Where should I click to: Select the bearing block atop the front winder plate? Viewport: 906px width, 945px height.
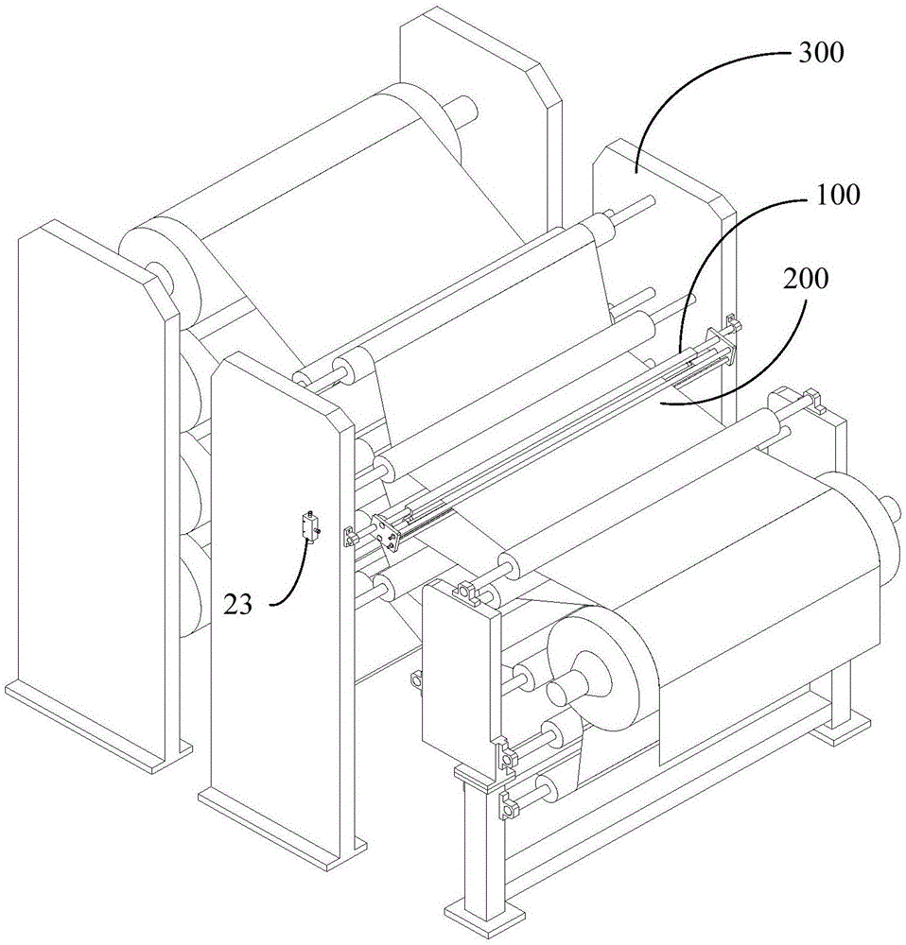(464, 592)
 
